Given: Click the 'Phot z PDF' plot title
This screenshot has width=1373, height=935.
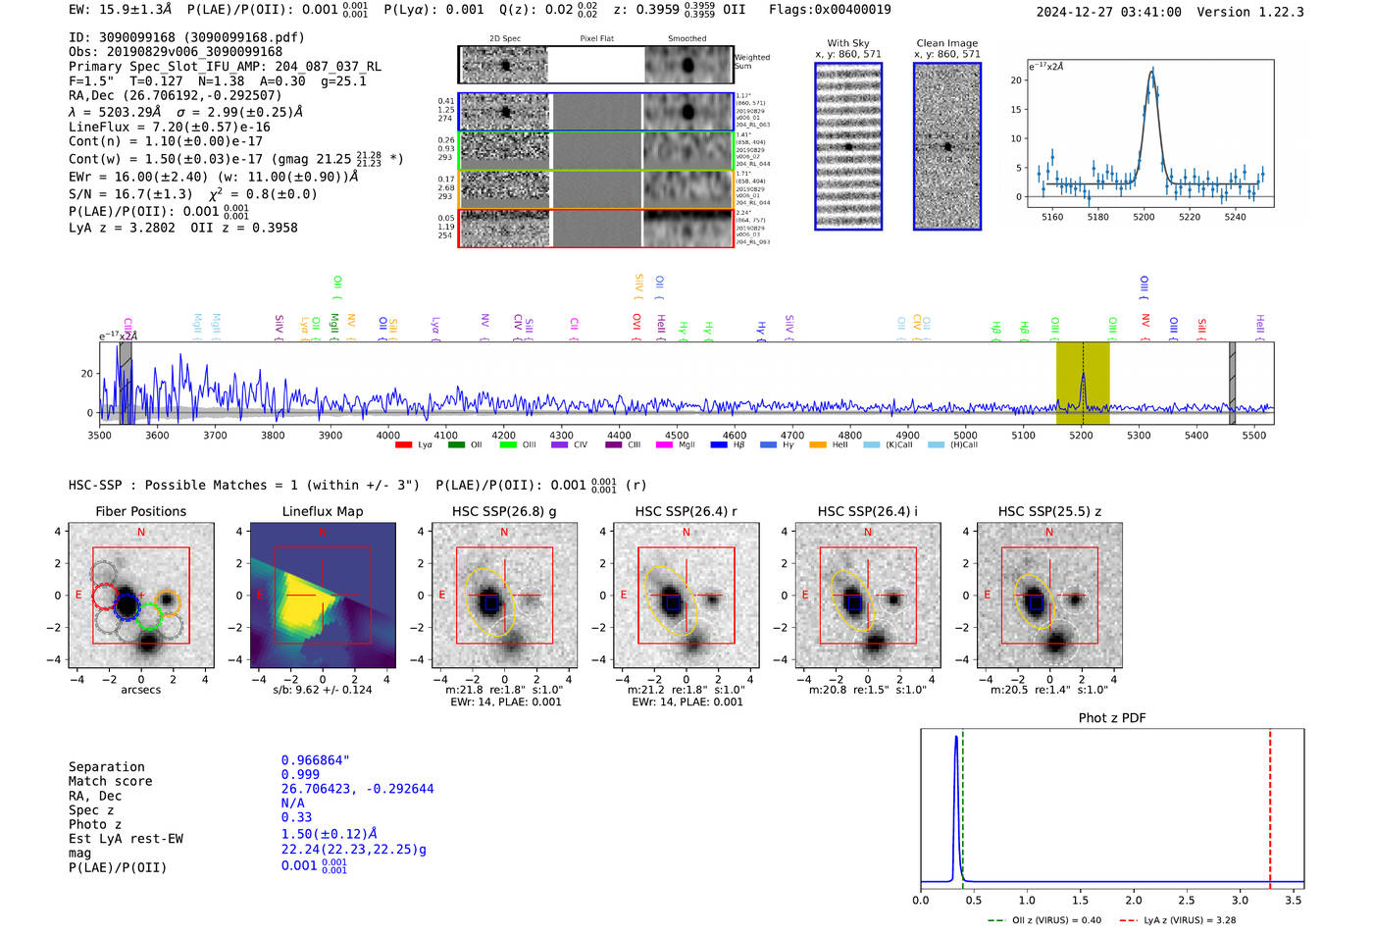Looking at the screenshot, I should [x=1111, y=718].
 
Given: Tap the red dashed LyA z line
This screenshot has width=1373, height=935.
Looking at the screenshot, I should [x=1270, y=805].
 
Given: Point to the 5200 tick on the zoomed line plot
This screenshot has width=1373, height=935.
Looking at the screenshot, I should [x=1144, y=217].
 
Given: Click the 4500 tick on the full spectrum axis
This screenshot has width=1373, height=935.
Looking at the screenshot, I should [x=677, y=436].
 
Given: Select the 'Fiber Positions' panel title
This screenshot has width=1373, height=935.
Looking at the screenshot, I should [x=140, y=511].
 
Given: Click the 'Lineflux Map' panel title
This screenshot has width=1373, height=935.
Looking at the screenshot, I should [x=323, y=511].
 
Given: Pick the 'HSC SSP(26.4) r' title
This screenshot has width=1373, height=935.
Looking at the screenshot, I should [x=686, y=511].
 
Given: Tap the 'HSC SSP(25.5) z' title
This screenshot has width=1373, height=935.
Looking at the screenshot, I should [x=1049, y=511].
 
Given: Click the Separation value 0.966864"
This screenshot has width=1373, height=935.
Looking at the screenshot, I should [x=315, y=760].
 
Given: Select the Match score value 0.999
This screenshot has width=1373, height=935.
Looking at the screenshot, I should [x=300, y=775].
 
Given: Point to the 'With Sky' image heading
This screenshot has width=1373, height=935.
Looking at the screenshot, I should [x=847, y=43].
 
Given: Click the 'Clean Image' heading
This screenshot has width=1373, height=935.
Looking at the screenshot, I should [x=946, y=43].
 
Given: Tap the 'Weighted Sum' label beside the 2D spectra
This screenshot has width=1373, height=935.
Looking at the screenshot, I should [x=752, y=62].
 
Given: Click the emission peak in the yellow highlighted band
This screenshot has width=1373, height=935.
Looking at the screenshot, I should [x=1083, y=376].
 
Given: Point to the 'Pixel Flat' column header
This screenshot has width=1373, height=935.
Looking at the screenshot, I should [x=596, y=39].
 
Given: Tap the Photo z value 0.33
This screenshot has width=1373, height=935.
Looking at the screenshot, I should [x=296, y=817].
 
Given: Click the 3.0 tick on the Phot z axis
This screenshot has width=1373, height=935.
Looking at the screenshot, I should [x=1240, y=900].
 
